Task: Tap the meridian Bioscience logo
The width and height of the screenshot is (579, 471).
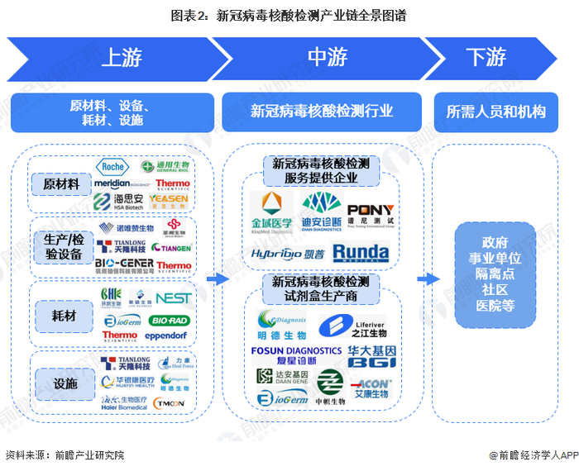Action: click(x=117, y=183)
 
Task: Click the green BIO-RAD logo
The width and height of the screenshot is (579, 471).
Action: click(x=171, y=319)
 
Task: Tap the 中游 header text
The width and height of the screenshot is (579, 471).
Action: click(x=328, y=57)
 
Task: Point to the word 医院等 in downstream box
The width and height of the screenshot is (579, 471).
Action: click(x=495, y=305)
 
